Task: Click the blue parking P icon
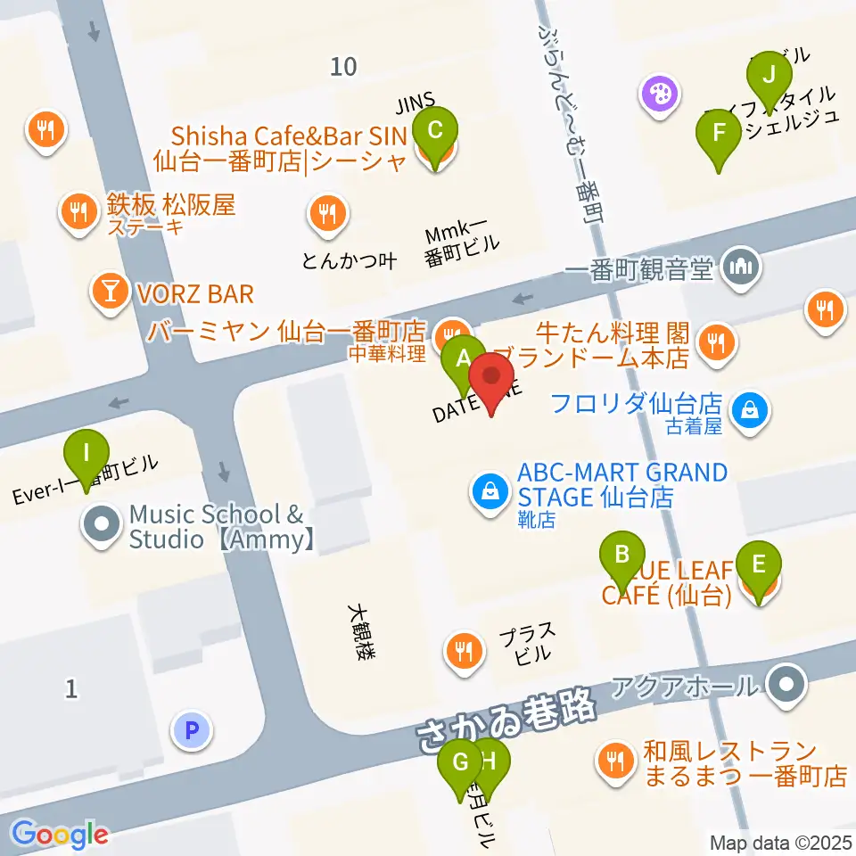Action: click(x=190, y=731)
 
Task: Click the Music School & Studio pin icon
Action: click(x=102, y=524)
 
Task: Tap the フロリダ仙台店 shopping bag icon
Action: click(x=750, y=409)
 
